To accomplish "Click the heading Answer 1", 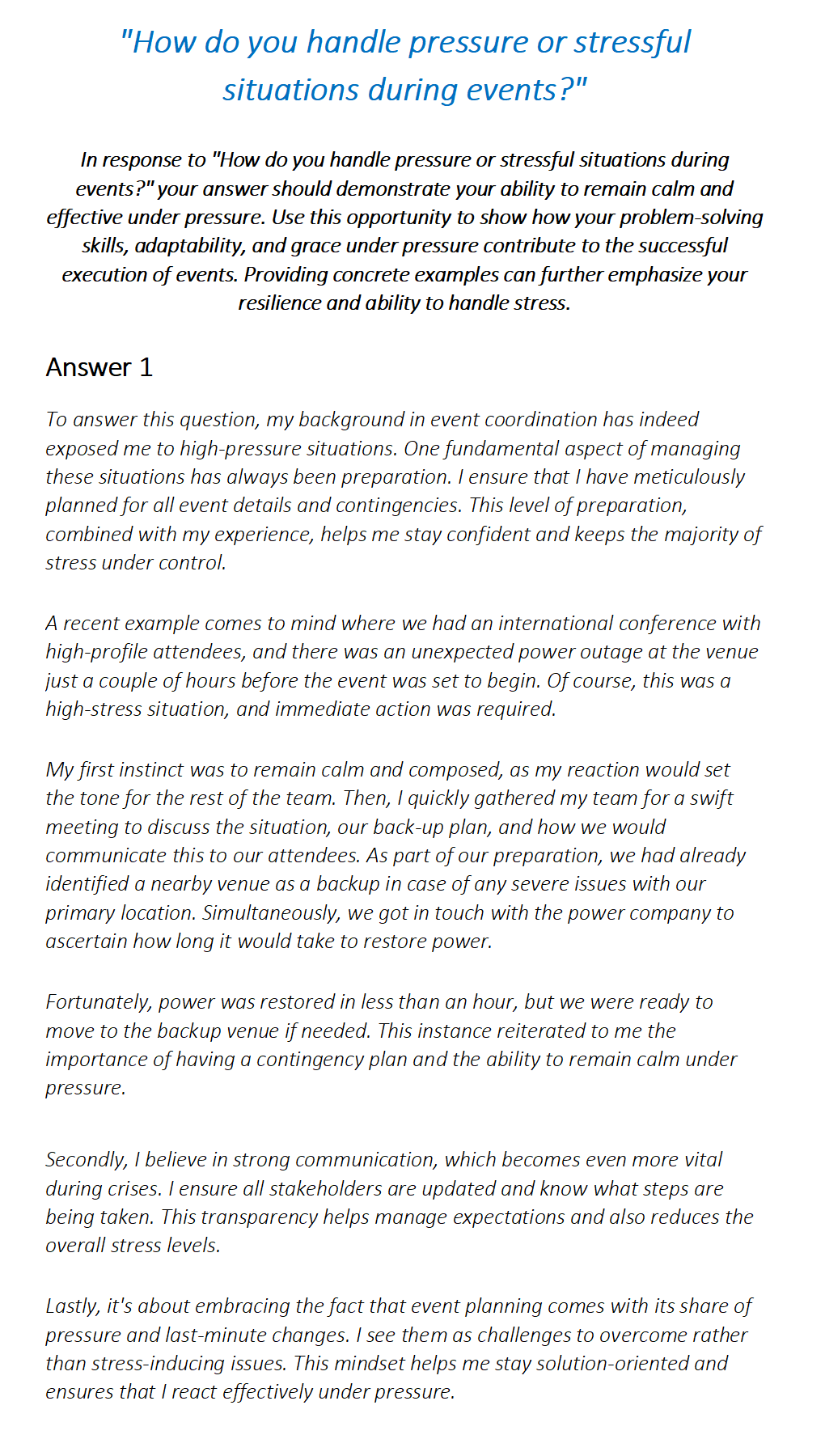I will click(x=99, y=367).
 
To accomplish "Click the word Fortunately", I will click(x=98, y=1002).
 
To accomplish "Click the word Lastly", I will click(x=73, y=1306).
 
